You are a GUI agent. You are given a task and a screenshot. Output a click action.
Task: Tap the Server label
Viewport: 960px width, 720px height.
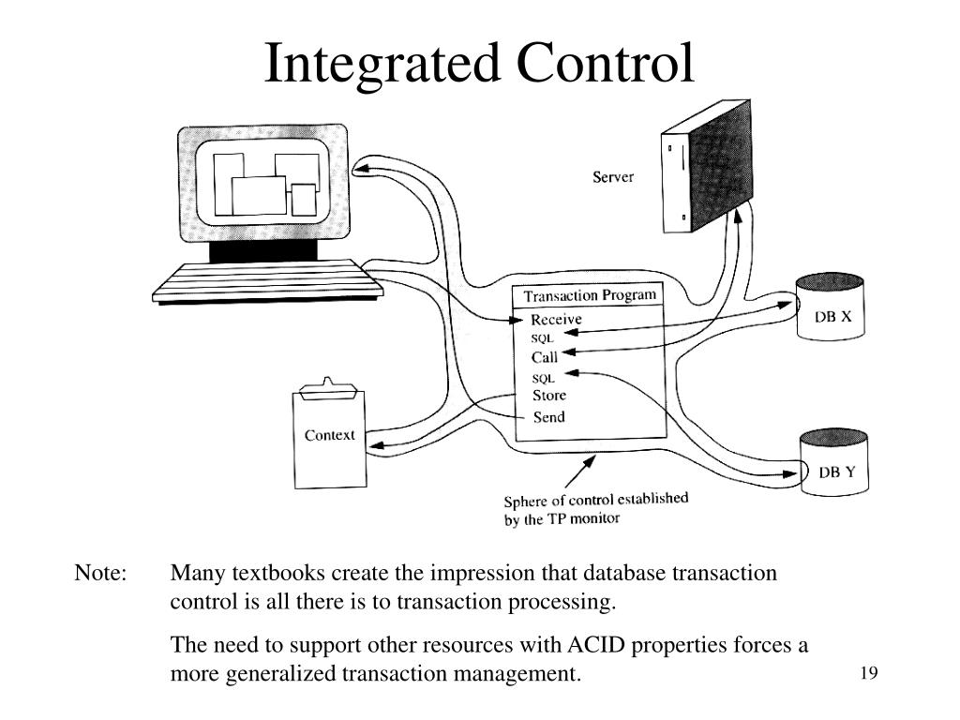click(613, 176)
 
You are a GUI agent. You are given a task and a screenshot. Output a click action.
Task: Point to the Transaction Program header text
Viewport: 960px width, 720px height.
click(590, 295)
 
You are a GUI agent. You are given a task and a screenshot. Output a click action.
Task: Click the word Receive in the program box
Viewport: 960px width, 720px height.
click(556, 319)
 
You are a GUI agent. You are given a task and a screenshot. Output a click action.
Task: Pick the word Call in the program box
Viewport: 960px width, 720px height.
click(545, 357)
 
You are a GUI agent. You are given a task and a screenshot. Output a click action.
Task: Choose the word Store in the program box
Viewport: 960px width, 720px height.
click(549, 396)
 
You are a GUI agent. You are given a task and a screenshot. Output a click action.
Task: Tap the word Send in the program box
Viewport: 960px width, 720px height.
click(548, 417)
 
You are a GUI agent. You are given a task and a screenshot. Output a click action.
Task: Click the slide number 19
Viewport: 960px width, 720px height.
click(867, 673)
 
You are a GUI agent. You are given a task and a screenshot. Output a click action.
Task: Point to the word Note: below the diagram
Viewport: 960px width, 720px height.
click(100, 573)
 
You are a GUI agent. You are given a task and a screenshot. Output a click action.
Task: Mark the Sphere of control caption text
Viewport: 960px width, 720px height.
click(595, 508)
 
